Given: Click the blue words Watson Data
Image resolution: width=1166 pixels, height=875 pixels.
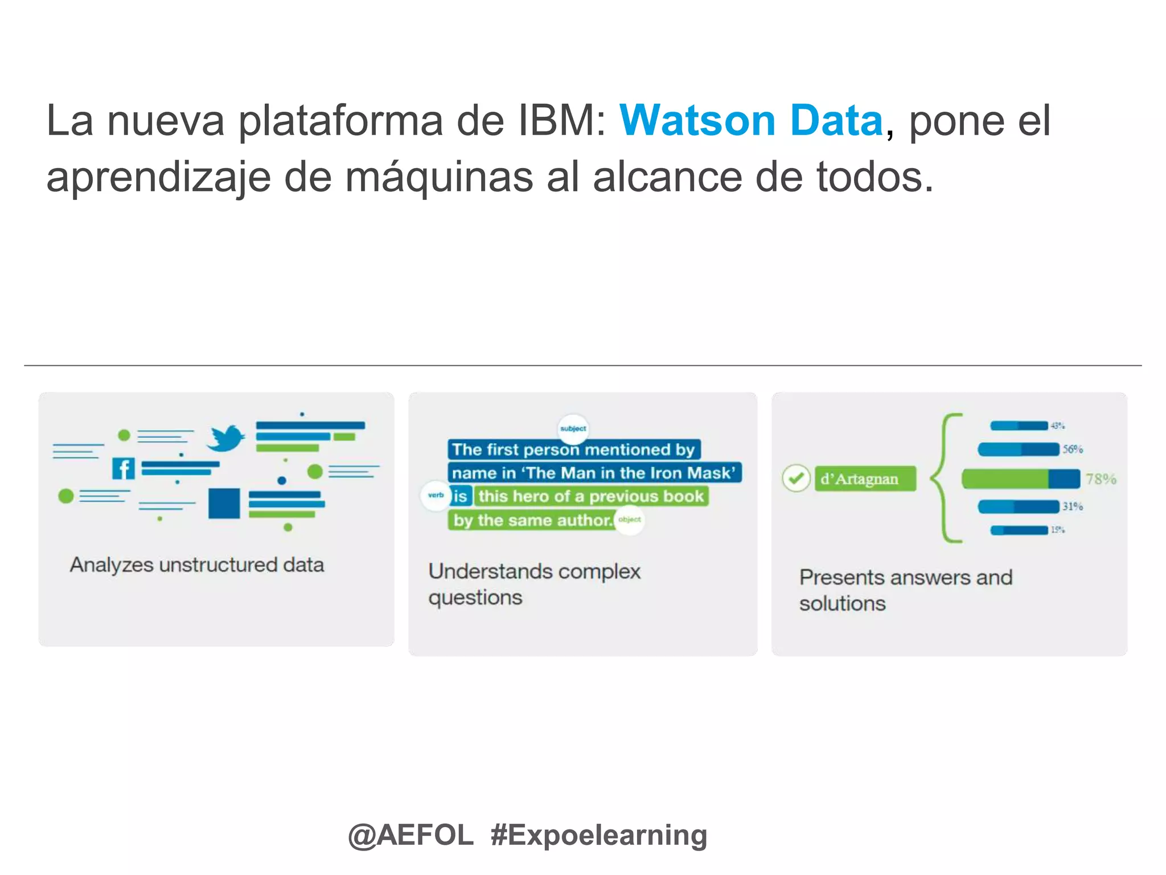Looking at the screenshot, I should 751,121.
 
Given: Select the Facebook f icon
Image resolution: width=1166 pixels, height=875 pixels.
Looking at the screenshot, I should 124,469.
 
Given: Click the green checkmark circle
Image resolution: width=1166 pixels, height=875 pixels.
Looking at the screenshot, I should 796,479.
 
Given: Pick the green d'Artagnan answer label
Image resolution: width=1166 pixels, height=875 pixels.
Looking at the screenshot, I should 865,479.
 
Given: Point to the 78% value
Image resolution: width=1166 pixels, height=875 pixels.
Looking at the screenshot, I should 1101,479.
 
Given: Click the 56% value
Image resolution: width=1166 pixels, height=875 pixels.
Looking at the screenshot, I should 1073,449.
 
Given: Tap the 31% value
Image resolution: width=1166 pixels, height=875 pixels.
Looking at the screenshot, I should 1073,506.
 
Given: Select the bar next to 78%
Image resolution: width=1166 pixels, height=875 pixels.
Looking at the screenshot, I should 1020,479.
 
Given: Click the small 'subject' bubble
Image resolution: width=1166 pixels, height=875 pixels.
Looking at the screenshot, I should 573,428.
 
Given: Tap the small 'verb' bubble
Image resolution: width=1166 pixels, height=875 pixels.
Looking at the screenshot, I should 436,496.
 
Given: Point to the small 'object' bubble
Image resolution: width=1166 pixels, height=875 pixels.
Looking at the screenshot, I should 630,520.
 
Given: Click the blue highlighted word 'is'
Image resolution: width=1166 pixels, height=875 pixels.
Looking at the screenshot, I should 460,496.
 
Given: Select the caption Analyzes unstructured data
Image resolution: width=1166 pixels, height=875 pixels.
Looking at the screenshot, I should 197,565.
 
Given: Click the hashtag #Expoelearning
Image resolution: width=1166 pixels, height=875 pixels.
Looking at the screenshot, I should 599,835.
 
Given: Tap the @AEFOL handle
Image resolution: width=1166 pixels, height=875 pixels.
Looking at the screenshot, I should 410,835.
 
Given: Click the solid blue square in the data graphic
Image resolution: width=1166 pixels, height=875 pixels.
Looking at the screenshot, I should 224,503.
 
